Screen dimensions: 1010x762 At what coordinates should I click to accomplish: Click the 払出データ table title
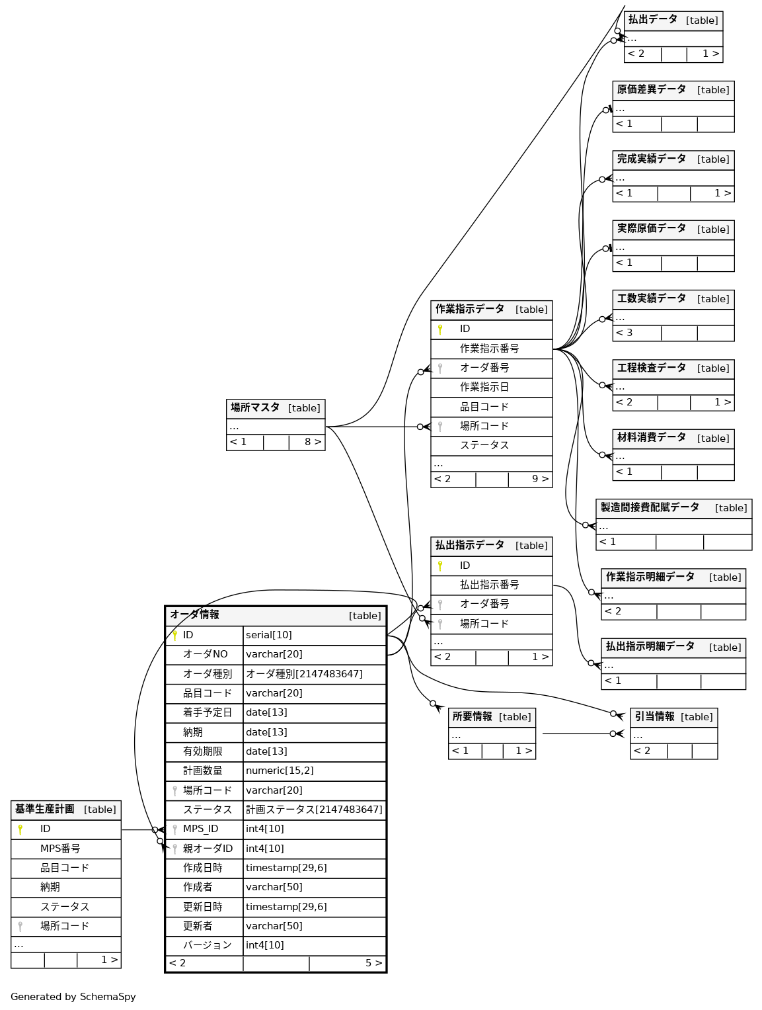click(652, 20)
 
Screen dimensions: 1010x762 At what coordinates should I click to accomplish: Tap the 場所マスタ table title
click(255, 408)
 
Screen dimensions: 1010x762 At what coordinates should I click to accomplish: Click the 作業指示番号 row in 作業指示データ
click(489, 349)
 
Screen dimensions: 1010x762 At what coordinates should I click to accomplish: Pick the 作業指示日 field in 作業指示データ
click(484, 387)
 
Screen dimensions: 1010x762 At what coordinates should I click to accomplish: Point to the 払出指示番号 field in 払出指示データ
click(489, 585)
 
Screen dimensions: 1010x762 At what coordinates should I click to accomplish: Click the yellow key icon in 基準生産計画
click(20, 829)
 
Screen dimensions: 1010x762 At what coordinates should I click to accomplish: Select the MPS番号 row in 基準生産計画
click(60, 849)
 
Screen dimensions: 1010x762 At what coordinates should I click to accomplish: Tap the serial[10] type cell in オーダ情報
click(269, 635)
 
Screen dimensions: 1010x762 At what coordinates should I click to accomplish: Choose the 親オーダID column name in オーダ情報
click(208, 849)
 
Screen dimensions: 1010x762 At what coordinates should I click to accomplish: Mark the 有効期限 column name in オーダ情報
click(202, 751)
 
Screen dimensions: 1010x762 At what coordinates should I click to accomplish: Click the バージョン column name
click(207, 945)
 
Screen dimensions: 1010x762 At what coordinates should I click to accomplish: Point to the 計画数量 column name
click(202, 771)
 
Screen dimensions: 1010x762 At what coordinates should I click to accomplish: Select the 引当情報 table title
click(654, 717)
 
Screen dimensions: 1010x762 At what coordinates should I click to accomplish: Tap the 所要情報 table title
click(472, 717)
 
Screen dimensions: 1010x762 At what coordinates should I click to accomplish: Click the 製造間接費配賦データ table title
click(650, 508)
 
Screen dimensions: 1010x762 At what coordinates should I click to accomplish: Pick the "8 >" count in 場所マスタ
click(313, 442)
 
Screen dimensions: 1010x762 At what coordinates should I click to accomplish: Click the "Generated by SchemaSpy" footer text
click(73, 997)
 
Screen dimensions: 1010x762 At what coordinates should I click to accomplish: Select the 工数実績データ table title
click(651, 299)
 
